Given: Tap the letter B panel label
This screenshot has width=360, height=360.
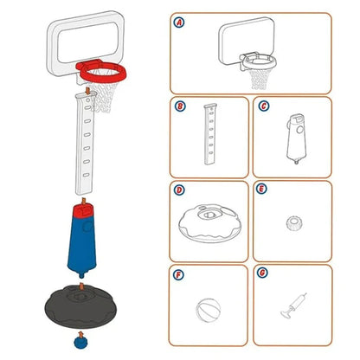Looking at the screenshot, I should tap(179, 106).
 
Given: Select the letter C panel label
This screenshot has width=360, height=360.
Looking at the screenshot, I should tap(262, 106).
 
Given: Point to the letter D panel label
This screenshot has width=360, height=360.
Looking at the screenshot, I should tap(179, 189).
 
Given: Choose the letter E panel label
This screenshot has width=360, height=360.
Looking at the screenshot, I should tap(262, 189).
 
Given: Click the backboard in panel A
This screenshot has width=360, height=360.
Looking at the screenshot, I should tap(246, 38).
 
